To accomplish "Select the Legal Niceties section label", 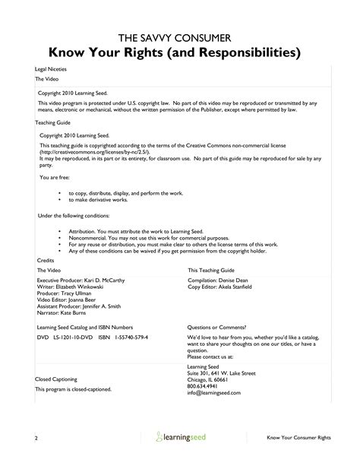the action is [51, 70].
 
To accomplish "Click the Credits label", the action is [45, 259].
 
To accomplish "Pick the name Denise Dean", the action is [242, 280].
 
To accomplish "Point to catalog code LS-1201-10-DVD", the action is [74, 335].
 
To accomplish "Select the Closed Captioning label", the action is [57, 379].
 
